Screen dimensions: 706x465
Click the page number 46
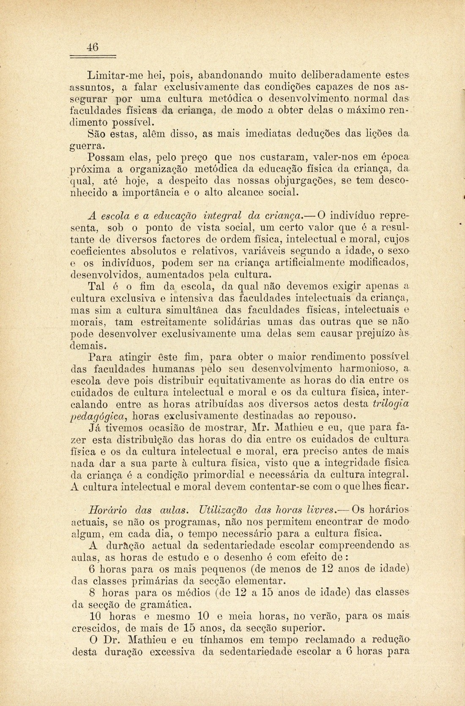(93, 47)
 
